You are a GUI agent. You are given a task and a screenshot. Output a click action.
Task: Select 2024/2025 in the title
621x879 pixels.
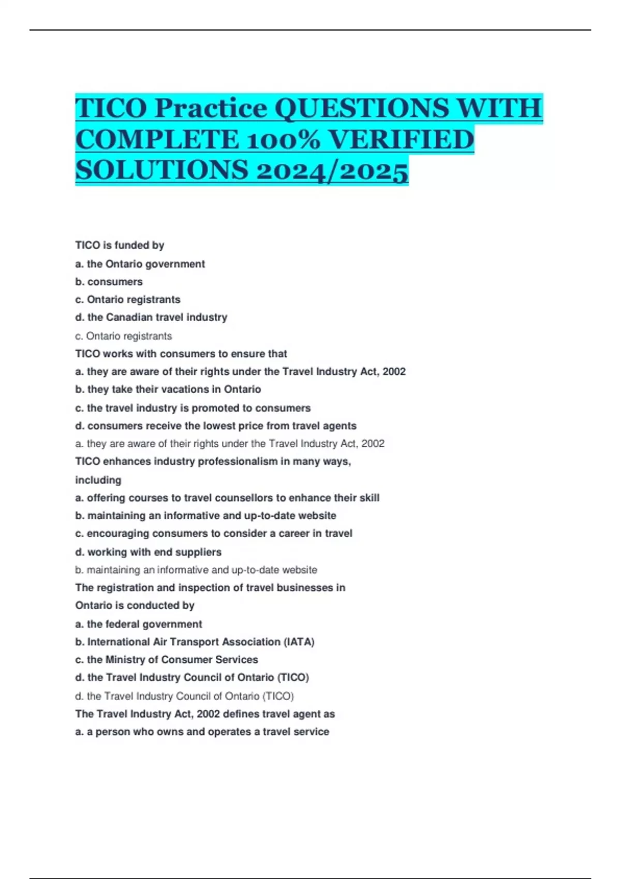[x=331, y=171]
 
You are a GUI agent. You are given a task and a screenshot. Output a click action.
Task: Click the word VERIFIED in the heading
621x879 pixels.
[x=401, y=140]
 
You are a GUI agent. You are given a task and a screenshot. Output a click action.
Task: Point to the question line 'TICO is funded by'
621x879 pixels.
[x=120, y=245]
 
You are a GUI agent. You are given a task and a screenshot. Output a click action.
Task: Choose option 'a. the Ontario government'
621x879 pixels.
[x=140, y=264]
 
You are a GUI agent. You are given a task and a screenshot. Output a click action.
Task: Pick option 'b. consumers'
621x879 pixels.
[x=109, y=282]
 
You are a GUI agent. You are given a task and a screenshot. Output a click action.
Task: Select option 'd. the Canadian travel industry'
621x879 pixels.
[x=151, y=317]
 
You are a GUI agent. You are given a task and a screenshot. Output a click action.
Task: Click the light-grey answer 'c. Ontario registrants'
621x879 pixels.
[x=123, y=336]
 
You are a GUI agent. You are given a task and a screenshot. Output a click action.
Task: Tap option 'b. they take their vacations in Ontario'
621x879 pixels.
[x=168, y=389]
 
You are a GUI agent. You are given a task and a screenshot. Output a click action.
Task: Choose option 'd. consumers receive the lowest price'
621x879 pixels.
[x=215, y=426]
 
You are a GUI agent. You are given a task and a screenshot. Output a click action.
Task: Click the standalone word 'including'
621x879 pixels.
[x=98, y=480]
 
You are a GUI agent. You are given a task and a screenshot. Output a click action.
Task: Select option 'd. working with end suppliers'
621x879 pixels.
[x=148, y=552]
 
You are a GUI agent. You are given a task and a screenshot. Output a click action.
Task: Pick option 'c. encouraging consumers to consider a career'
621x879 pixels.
[x=213, y=533]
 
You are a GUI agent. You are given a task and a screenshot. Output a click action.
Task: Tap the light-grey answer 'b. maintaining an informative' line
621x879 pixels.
[x=196, y=570]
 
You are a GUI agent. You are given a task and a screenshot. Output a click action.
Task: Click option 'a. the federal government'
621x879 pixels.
[x=138, y=624]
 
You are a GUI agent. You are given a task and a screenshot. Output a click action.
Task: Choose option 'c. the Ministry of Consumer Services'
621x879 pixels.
[x=166, y=659]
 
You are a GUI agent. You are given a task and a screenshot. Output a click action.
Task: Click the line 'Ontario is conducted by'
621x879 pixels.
[x=135, y=605]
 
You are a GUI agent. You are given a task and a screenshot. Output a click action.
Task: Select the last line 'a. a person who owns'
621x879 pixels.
[x=202, y=732]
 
